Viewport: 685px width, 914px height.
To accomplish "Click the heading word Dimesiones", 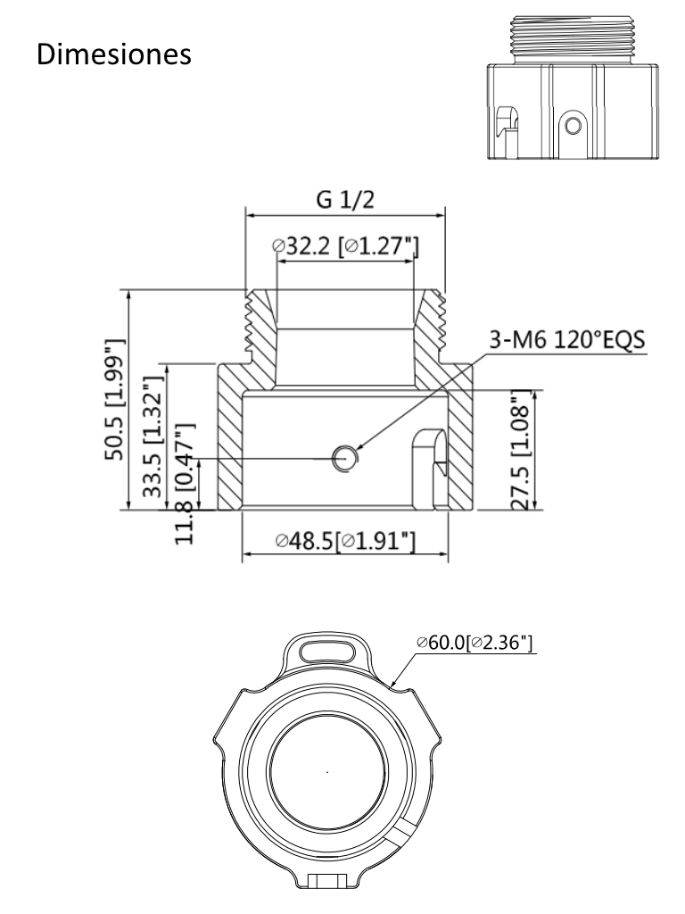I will pyautogui.click(x=114, y=53).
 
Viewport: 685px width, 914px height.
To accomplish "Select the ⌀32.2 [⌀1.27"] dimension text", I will pyautogui.click(x=346, y=245).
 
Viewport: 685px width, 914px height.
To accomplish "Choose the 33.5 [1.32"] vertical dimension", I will pyautogui.click(x=153, y=436).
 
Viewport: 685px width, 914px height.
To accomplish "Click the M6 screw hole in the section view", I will pyautogui.click(x=343, y=458).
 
